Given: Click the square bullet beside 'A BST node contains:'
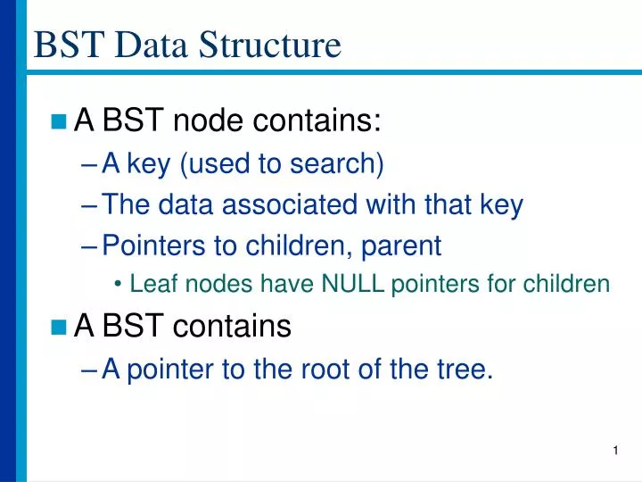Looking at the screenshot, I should point(60,121).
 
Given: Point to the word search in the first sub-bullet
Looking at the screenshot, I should point(340,164).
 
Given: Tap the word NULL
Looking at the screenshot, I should point(354,285).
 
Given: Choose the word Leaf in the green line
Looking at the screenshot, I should point(147,285).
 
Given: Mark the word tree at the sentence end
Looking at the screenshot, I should point(460,369).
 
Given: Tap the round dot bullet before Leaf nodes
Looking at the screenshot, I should point(119,286).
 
